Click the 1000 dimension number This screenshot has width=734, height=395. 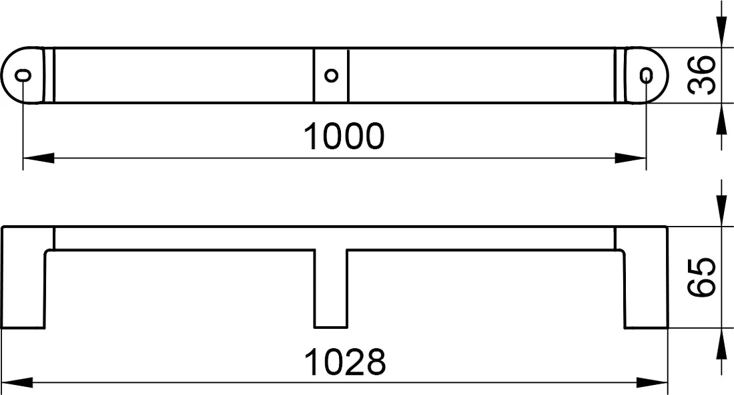coord(344,136)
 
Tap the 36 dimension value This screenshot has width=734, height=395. coord(702,75)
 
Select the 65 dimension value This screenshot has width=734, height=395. coord(702,277)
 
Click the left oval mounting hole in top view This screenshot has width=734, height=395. coord(23,75)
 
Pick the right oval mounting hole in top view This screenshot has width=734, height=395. coord(647,75)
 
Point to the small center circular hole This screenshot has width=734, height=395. coord(331,75)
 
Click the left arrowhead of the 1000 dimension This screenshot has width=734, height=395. coord(39,158)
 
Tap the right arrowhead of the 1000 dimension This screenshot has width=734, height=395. coord(631,158)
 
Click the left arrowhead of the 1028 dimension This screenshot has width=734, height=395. coord(17,382)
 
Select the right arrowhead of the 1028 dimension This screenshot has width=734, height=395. coord(652,382)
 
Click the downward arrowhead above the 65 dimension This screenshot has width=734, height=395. coord(720,211)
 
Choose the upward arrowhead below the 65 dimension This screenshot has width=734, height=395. coord(720,344)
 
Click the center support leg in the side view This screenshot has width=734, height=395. coord(330,288)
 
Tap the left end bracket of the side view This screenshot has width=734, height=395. coord(23,277)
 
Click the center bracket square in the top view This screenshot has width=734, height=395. coord(331,75)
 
